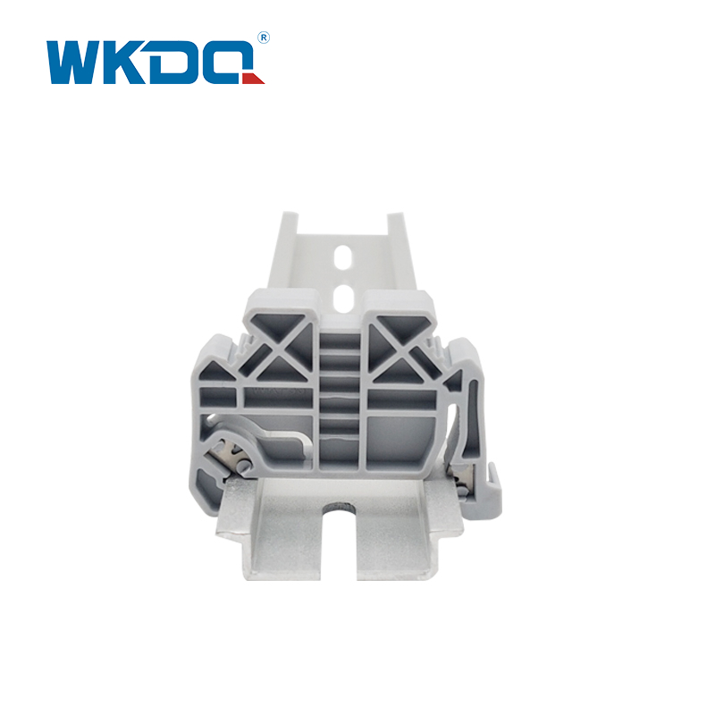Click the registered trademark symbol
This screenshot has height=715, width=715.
point(264,38)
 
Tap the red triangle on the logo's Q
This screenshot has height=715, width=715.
point(255,79)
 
